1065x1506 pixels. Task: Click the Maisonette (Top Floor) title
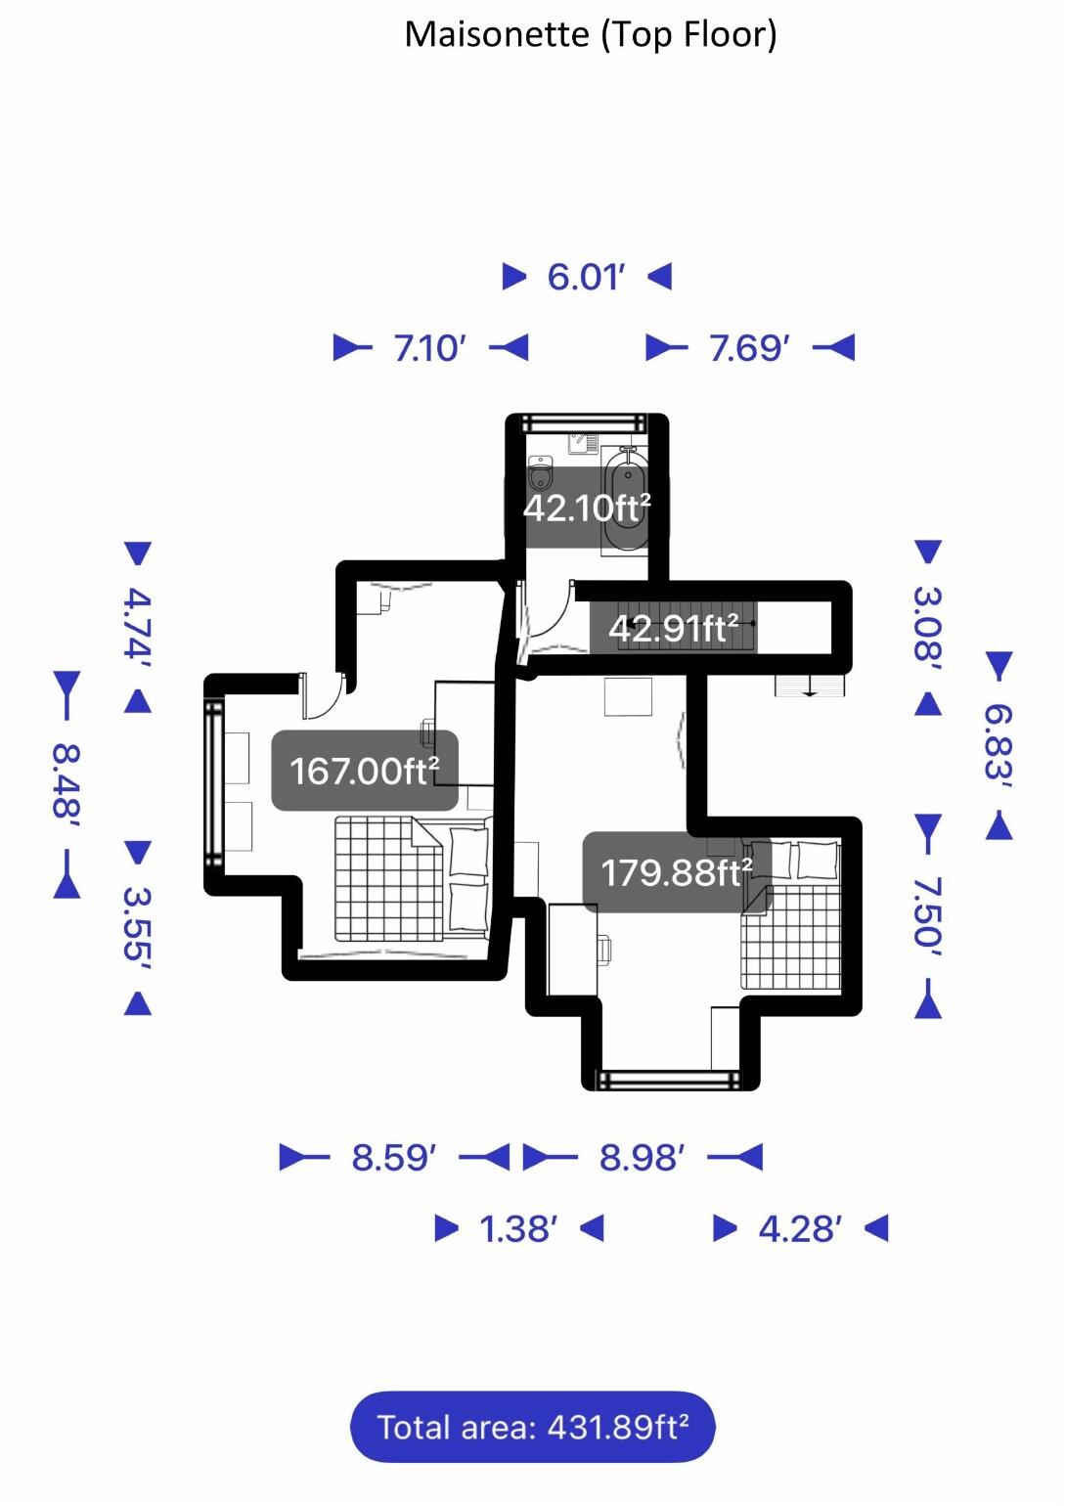click(591, 35)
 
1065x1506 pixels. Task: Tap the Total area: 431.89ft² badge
click(533, 1427)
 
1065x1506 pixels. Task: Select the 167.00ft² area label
click(364, 771)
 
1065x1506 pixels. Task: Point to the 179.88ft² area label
click(676, 871)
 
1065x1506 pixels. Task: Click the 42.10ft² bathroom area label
click(587, 508)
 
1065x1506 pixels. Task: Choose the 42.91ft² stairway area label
click(673, 628)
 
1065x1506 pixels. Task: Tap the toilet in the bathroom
click(540, 475)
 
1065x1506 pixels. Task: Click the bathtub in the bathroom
click(626, 499)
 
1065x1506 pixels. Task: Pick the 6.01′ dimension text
click(586, 277)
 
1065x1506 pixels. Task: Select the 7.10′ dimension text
click(430, 347)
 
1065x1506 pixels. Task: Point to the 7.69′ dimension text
click(749, 347)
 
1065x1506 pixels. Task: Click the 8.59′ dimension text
click(393, 1158)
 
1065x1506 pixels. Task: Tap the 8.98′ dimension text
click(642, 1158)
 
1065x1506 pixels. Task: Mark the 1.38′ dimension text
click(518, 1228)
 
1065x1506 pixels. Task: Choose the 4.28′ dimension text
click(800, 1228)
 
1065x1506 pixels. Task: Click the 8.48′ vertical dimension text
click(67, 783)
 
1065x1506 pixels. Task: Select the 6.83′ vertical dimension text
click(998, 745)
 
